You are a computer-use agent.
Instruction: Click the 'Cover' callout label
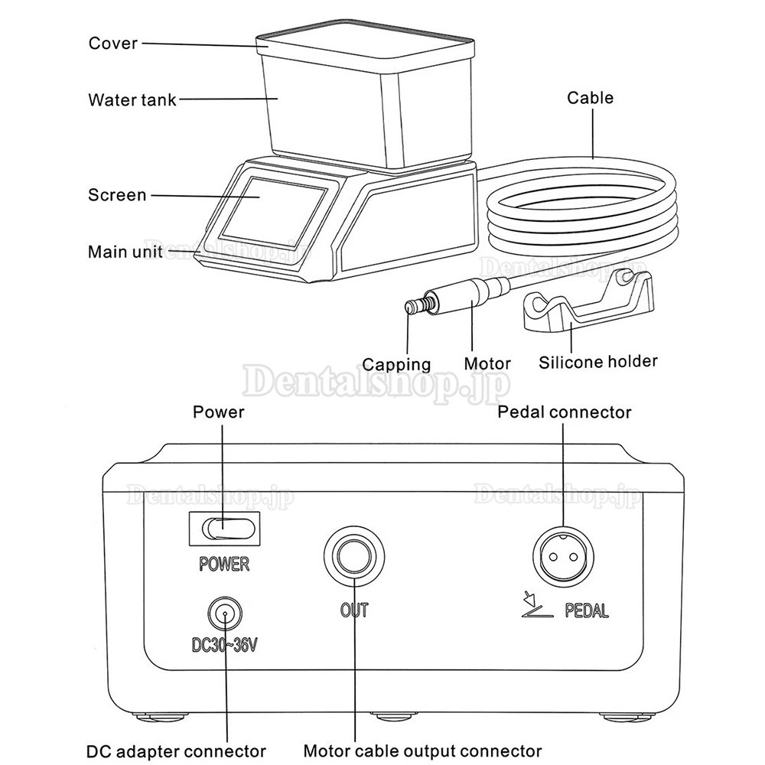[x=112, y=44]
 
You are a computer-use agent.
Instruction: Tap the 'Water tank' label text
[x=132, y=100]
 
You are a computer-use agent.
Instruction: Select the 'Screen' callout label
[x=117, y=195]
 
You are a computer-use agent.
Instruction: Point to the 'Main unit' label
[x=125, y=252]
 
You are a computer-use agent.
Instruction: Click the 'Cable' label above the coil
[x=590, y=98]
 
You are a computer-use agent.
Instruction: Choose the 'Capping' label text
[x=396, y=364]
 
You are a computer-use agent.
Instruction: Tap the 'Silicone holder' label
[x=597, y=362]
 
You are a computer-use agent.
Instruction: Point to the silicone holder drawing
[x=588, y=302]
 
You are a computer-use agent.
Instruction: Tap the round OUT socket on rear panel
[x=354, y=556]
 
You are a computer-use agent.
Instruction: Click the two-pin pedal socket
[x=562, y=556]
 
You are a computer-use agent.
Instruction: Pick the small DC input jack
[x=225, y=614]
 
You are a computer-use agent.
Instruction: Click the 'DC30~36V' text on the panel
[x=224, y=645]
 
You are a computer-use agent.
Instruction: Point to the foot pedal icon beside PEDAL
[x=537, y=605]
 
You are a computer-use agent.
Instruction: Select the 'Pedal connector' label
[x=564, y=412]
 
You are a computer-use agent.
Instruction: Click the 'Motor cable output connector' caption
[x=422, y=751]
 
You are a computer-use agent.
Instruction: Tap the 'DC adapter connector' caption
[x=176, y=751]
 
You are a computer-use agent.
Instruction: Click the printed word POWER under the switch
[x=224, y=564]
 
